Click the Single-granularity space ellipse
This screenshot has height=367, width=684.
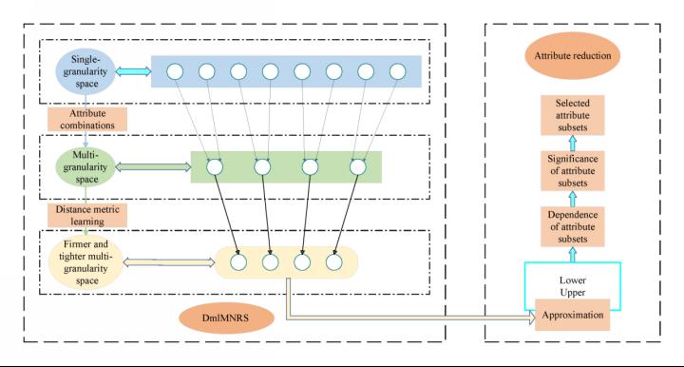point(85,71)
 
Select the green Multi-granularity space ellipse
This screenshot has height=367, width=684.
point(85,167)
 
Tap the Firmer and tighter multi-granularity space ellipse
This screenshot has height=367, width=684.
point(85,262)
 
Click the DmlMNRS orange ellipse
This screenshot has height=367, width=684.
point(226,318)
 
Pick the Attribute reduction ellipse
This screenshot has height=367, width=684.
point(572,55)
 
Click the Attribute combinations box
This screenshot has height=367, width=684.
point(87,119)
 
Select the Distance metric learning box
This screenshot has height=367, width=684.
point(87,215)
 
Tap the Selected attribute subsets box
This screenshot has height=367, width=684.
point(572,115)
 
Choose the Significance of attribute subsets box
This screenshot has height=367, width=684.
point(572,170)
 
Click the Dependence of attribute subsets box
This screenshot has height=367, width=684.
point(572,226)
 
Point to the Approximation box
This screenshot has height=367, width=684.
point(572,315)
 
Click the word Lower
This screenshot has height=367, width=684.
point(572,280)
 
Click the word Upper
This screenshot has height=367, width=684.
point(572,293)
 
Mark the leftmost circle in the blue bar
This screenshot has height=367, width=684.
point(175,71)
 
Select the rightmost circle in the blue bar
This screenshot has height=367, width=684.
point(397,71)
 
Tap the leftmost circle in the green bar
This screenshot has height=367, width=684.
point(215,167)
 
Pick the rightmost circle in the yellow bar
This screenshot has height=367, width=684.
point(333,262)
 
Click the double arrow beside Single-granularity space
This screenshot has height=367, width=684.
point(133,71)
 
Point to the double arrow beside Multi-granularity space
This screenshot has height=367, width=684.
point(153,167)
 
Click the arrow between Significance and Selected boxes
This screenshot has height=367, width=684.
point(573,144)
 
